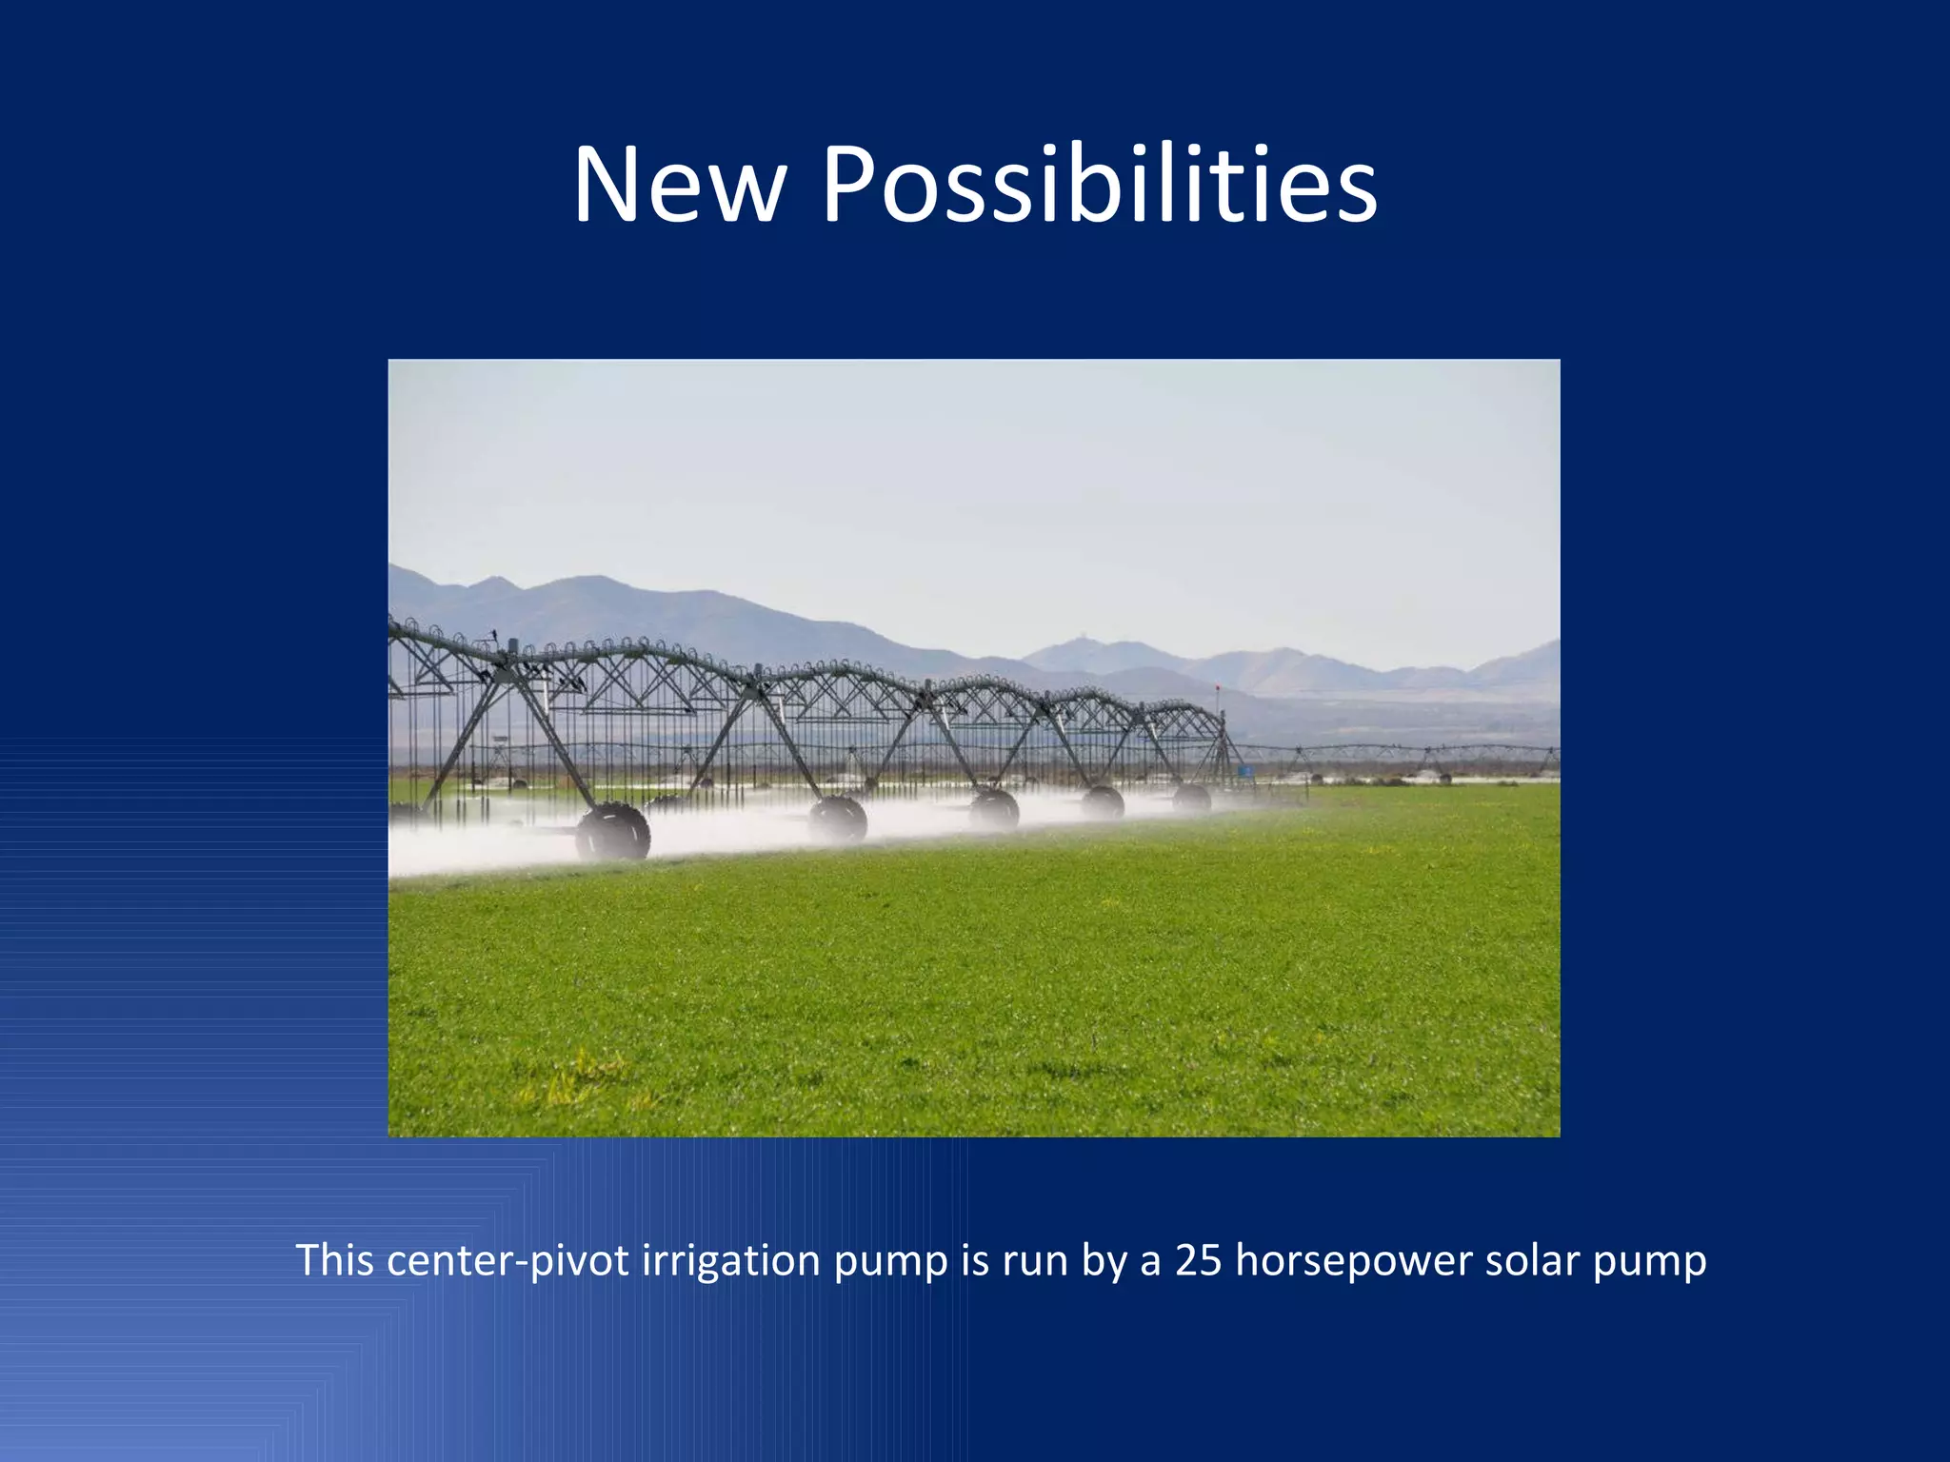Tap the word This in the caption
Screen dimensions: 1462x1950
click(x=334, y=1260)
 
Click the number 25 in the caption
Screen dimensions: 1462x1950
click(x=1198, y=1260)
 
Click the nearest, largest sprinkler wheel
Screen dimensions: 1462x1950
click(x=613, y=832)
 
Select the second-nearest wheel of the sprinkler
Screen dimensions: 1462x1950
click(x=838, y=818)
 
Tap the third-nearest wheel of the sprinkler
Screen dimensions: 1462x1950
click(x=994, y=809)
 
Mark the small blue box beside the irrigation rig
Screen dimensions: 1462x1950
click(x=1244, y=769)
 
